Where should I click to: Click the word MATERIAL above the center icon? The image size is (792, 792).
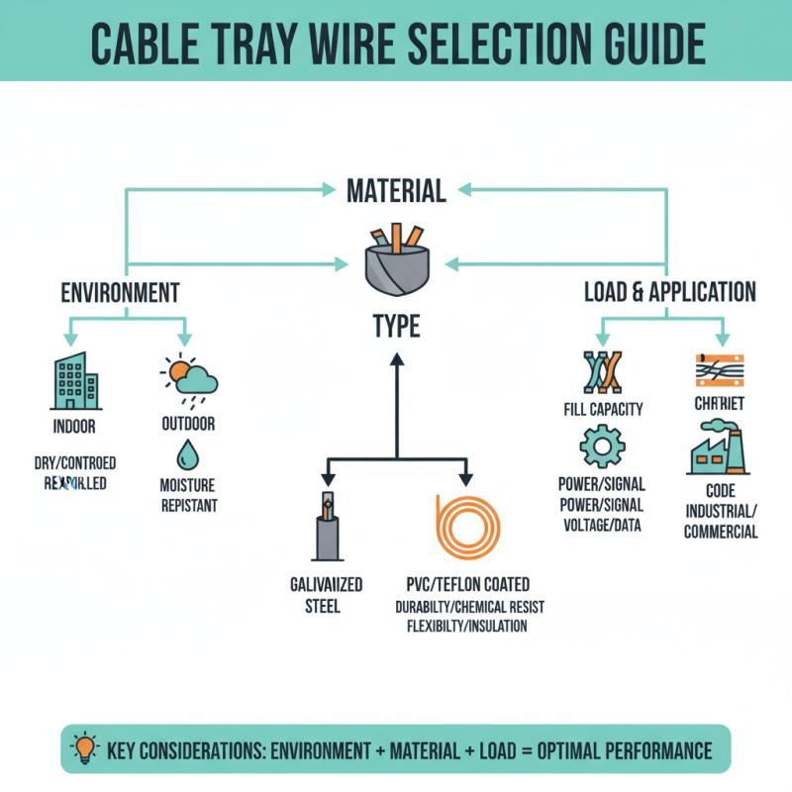coord(396,189)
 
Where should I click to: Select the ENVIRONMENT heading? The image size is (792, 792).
coord(120,292)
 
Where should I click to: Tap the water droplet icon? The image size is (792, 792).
coord(187,454)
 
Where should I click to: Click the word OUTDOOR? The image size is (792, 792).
coord(187,424)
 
